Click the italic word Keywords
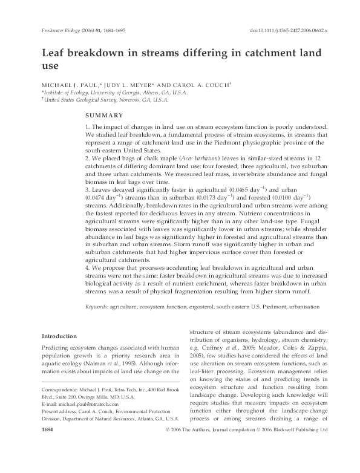(x=96, y=307)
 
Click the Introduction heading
(x=59, y=336)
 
